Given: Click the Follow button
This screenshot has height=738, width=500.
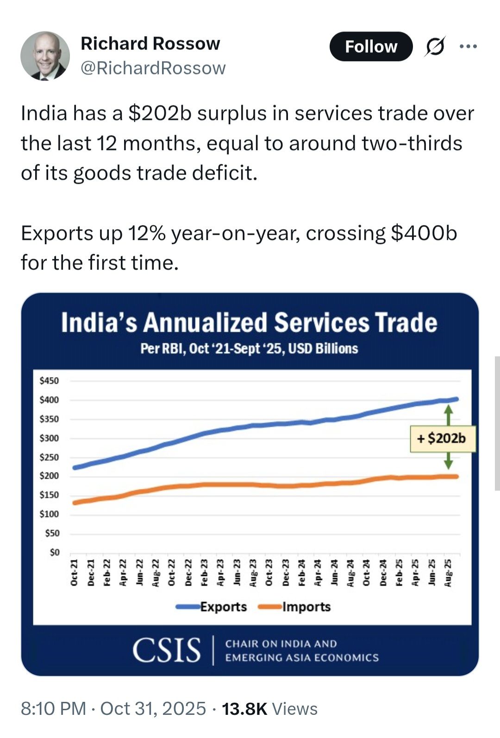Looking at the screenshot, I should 371,46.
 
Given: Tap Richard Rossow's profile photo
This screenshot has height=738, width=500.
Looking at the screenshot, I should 45,56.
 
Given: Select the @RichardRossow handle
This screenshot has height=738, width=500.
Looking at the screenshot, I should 153,68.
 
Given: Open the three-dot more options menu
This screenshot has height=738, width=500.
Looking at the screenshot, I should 468,46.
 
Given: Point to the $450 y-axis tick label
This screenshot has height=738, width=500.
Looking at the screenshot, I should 49,381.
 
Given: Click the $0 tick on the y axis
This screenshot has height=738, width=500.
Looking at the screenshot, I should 54,552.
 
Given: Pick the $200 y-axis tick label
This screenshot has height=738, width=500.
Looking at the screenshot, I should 49,476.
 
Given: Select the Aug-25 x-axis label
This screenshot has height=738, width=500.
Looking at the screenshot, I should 448,573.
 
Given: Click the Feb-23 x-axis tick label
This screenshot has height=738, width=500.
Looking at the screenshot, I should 204,573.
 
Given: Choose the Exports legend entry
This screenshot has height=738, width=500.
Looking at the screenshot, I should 223,607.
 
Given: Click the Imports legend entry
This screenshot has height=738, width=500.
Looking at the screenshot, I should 306,607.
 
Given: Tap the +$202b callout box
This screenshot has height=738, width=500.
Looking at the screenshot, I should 442,438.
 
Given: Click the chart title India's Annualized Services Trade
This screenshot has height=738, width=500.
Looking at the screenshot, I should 249,322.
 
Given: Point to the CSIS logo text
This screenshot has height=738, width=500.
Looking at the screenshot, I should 167,650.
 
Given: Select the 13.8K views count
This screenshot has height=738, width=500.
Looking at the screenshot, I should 244,709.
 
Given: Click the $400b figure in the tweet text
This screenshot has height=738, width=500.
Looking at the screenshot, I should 424,233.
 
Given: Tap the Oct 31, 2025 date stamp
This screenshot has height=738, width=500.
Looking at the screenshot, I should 153,709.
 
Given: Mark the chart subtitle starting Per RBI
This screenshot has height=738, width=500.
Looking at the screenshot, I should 249,348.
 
